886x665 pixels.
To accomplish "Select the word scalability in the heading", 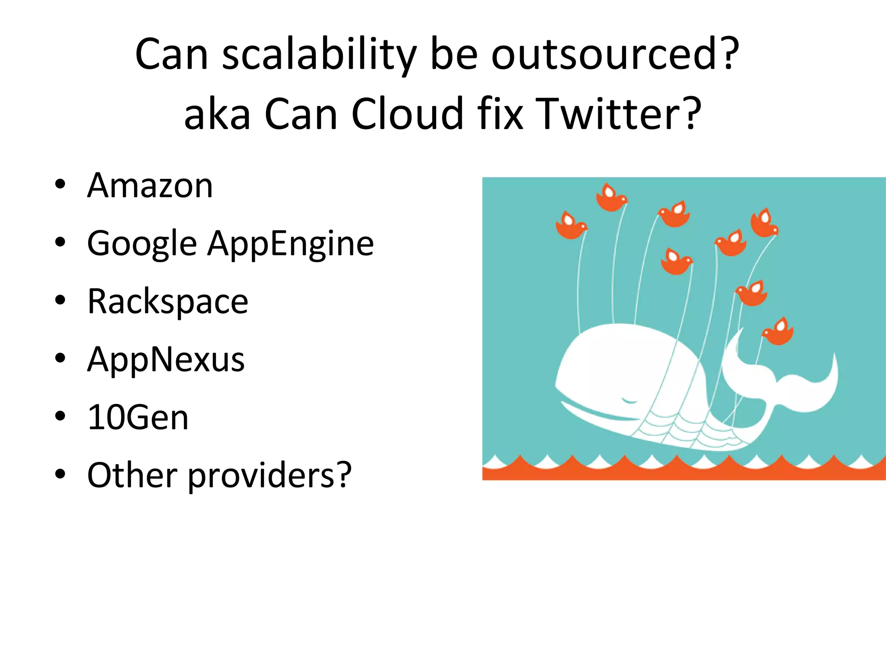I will [319, 55].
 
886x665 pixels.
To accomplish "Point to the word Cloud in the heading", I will [407, 113].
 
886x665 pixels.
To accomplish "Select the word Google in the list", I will [142, 243].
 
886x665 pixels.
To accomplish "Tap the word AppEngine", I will [291, 243].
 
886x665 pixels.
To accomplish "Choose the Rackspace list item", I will [168, 301].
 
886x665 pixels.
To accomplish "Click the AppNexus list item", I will [166, 359].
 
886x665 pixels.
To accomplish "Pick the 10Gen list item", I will [138, 417].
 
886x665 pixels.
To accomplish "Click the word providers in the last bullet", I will [270, 475].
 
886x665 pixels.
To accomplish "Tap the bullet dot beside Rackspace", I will [60, 300].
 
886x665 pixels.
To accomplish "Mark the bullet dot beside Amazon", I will [60, 184].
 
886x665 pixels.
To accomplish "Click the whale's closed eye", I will [629, 400].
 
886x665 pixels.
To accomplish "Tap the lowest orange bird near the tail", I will [778, 332].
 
